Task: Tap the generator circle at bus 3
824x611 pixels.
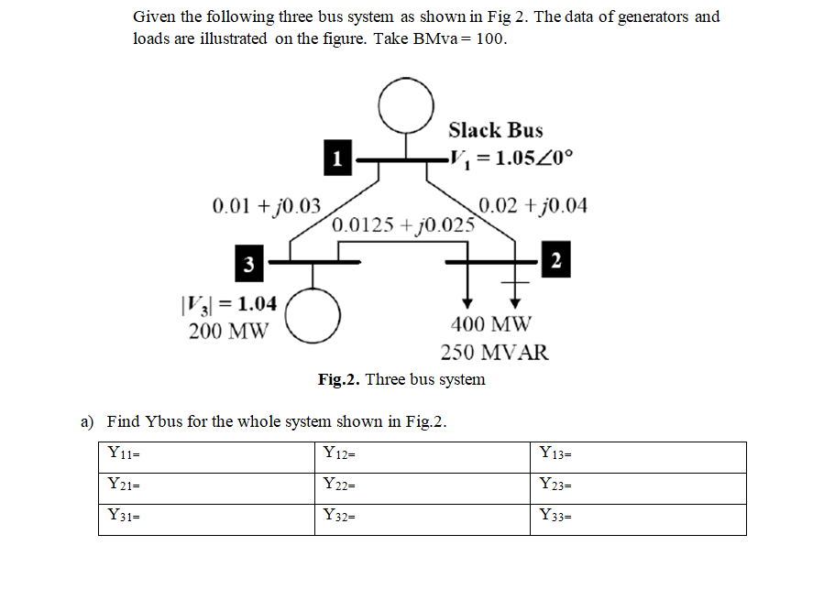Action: [x=313, y=312]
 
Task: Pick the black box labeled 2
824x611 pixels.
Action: [x=556, y=259]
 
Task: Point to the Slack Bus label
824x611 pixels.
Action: [x=495, y=130]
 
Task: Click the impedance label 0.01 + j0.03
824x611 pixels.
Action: [x=266, y=205]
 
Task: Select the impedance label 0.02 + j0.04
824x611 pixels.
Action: [x=533, y=205]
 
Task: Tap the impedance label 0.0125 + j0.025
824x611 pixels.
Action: [x=403, y=224]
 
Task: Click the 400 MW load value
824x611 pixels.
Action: [x=490, y=323]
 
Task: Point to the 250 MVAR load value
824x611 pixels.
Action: [x=494, y=353]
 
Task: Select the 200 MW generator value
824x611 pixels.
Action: [x=228, y=331]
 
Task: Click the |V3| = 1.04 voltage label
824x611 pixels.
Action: [x=230, y=304]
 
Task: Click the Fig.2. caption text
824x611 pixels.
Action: [x=401, y=379]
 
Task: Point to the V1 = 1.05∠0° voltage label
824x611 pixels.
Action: [x=511, y=157]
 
